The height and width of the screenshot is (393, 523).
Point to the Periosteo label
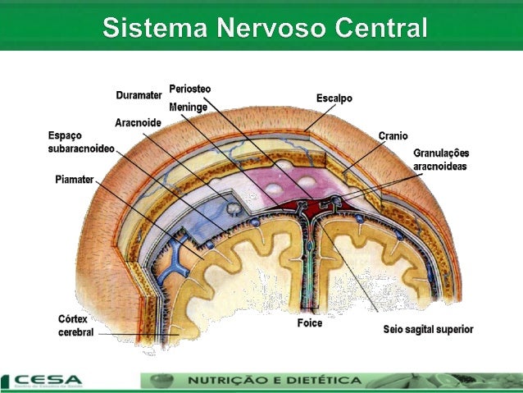click(189, 88)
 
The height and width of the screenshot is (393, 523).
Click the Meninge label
click(188, 107)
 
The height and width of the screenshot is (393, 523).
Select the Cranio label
click(393, 135)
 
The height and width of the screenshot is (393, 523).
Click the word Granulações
click(441, 153)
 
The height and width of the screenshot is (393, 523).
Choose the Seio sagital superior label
click(428, 330)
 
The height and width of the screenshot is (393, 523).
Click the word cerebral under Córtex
click(75, 332)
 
